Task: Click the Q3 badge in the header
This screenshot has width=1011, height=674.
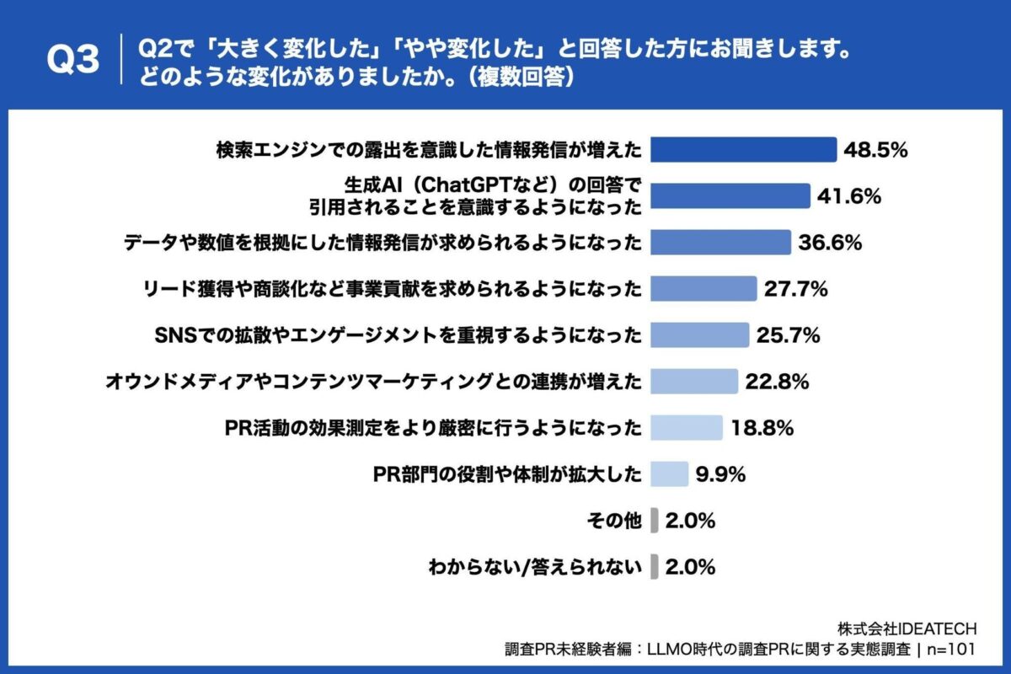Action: (72, 60)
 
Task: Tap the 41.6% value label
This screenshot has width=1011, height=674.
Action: (849, 196)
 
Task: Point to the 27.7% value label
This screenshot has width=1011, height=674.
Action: (796, 289)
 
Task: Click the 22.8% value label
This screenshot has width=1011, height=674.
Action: (777, 382)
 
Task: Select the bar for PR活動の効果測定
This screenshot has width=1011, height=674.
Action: (687, 428)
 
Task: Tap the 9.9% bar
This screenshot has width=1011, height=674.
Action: (670, 474)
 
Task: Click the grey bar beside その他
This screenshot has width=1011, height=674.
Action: (655, 521)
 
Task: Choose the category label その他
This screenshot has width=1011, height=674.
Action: (613, 522)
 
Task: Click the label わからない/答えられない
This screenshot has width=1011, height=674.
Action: (535, 567)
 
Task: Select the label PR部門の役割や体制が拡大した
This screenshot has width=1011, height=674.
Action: (507, 475)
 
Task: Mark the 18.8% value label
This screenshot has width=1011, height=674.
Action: (762, 428)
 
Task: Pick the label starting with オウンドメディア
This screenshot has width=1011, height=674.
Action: (373, 382)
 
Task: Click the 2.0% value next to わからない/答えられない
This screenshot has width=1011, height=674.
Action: (690, 567)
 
